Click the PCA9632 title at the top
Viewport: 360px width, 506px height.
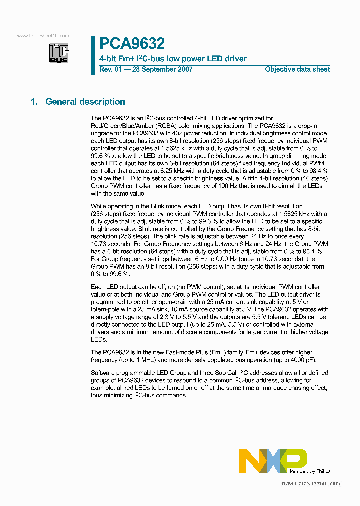(x=132, y=44)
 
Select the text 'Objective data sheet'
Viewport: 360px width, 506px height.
(x=297, y=70)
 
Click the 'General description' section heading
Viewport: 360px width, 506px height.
(x=85, y=102)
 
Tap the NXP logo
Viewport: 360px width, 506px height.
(x=272, y=460)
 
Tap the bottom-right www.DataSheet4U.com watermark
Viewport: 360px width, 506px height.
(x=310, y=483)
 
